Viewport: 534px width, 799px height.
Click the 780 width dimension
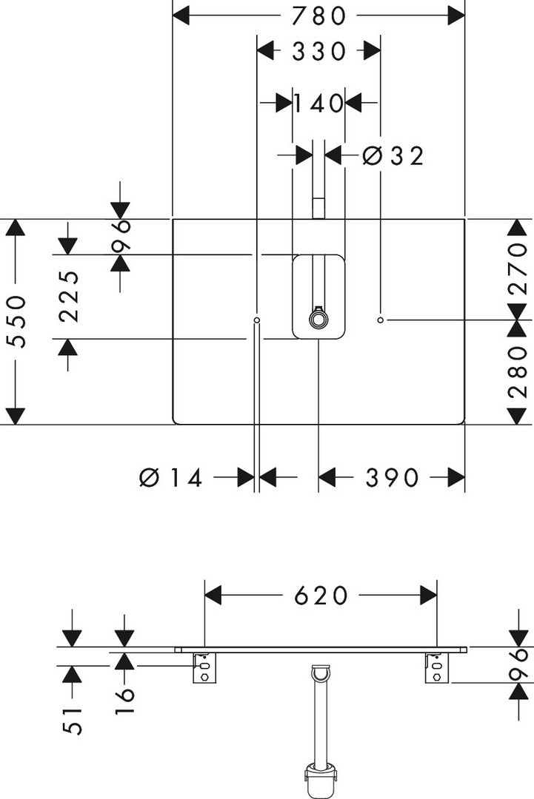tap(318, 15)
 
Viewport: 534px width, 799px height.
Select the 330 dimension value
tap(318, 51)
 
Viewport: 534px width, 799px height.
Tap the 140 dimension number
tap(318, 104)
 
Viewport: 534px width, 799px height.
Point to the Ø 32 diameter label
tap(393, 156)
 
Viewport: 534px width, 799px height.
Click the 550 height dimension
tap(16, 322)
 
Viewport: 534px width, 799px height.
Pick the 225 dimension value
tap(69, 297)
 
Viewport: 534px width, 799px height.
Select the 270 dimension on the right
tap(518, 269)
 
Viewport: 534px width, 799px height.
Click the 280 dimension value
tap(518, 372)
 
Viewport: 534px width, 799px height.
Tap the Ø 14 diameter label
tap(171, 479)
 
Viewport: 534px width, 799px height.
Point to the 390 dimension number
tap(392, 479)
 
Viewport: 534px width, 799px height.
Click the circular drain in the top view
tap(318, 320)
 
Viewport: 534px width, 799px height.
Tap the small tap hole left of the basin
tap(256, 320)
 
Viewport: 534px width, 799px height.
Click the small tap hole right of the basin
tap(380, 320)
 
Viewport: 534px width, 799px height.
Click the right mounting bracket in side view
tap(435, 669)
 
